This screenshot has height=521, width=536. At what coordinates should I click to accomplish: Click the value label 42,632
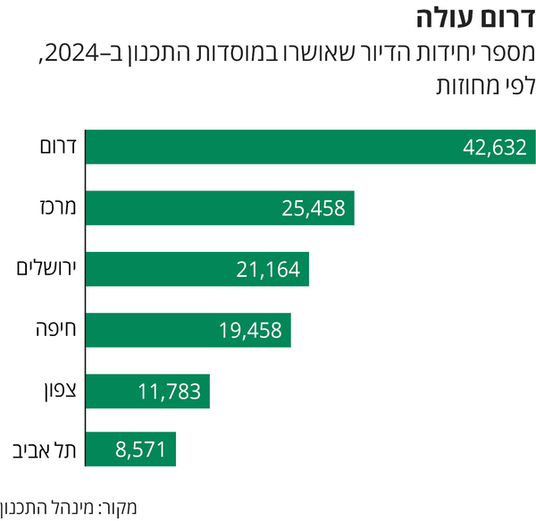[495, 147]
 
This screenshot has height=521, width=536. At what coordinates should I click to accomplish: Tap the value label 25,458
[314, 209]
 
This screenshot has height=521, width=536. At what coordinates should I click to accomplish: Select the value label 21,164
[268, 269]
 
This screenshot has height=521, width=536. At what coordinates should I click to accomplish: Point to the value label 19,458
[250, 331]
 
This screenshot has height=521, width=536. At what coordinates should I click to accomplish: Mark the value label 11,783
[169, 391]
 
